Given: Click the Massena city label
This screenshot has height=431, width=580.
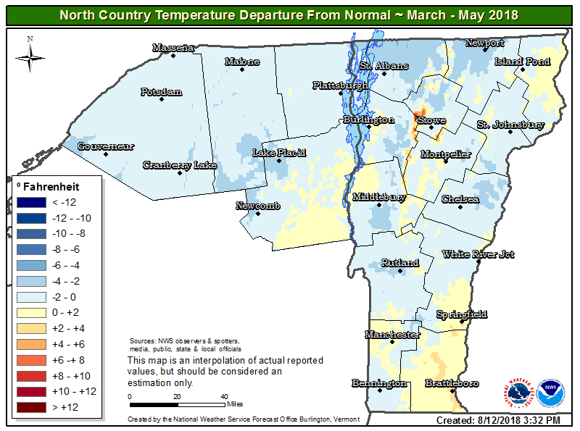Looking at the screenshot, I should (x=173, y=48).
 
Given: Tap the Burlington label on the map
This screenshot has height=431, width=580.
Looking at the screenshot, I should (x=368, y=120).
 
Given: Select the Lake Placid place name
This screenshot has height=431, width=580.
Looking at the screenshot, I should (x=279, y=153).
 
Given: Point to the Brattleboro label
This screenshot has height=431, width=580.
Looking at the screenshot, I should (x=451, y=382).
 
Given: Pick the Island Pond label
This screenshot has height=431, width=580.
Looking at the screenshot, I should (x=522, y=62).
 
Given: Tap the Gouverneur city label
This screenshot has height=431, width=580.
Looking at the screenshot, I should (x=106, y=146).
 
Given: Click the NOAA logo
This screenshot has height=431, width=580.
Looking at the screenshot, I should (x=552, y=393).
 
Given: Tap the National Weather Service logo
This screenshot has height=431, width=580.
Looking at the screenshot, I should (x=519, y=393).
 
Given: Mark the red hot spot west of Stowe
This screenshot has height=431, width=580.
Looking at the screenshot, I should (x=419, y=118).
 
